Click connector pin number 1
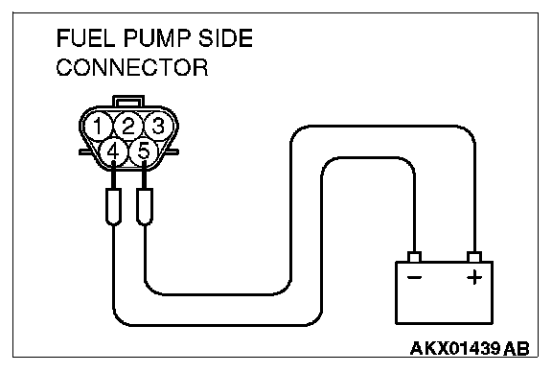point(98,126)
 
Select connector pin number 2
point(128,126)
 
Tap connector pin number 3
point(158,126)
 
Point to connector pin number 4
point(113,151)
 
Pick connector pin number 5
point(144,151)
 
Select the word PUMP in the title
point(157,38)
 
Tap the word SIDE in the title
point(225,38)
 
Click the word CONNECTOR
point(132,67)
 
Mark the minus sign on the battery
point(414,278)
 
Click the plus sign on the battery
point(474,278)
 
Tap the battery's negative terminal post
point(414,257)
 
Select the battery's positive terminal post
point(474,257)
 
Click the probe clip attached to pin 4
point(113,206)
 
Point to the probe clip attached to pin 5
point(145,206)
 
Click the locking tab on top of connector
point(128,101)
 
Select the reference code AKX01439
point(455,348)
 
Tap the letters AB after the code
point(517,348)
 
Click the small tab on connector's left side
point(84,152)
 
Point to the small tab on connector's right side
point(172,152)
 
